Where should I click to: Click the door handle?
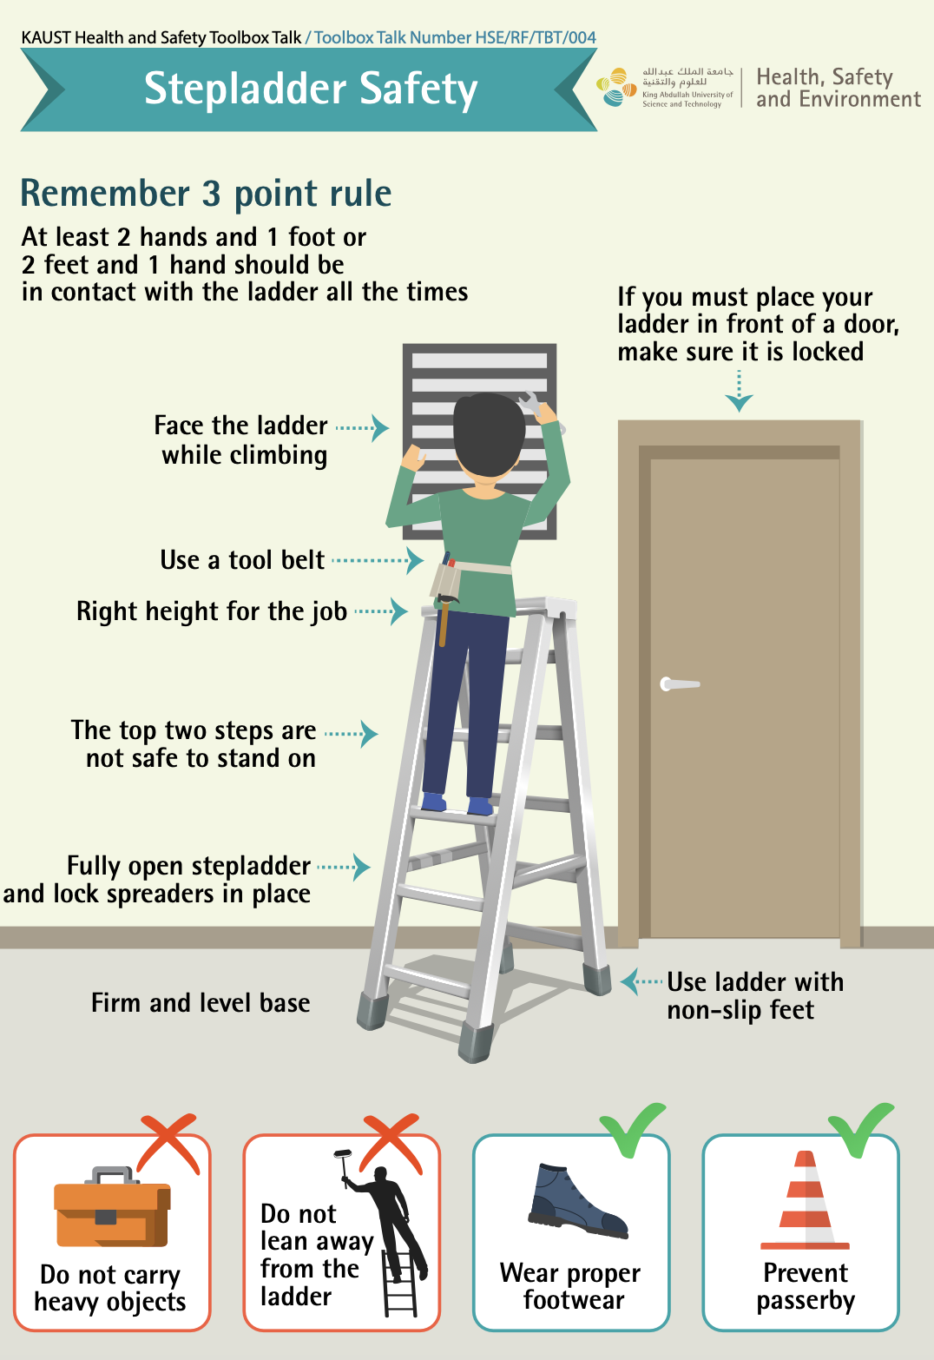(679, 684)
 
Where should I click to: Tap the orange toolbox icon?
(112, 1207)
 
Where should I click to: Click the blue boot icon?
(578, 1201)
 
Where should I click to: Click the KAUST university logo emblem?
(616, 88)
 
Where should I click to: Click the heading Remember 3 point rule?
(207, 194)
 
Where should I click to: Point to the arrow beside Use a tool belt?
(378, 560)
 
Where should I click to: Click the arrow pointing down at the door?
(739, 392)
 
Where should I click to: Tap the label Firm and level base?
(201, 1002)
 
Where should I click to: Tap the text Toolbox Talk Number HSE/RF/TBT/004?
(455, 37)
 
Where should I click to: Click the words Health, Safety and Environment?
(839, 88)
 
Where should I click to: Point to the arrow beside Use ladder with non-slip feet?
(641, 981)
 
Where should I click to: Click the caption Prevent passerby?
(806, 1287)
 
